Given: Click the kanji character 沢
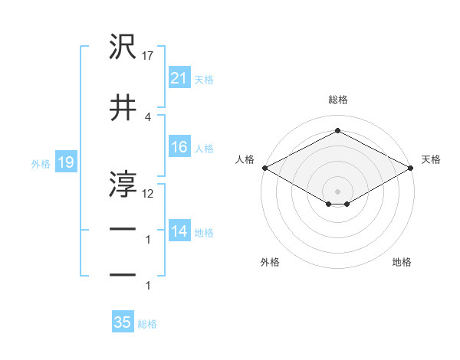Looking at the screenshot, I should pos(123,47).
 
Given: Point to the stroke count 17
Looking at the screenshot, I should pos(149,56).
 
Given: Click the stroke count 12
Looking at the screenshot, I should pos(149,194).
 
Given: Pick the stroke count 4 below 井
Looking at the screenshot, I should pos(148,116).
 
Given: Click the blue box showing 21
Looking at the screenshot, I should pos(179,78).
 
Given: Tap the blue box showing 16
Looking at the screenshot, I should pos(179,147).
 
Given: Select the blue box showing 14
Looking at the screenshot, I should pos(179,231).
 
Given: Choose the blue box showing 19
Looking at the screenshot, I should pos(64,162).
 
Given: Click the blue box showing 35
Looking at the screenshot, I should pos(123,322).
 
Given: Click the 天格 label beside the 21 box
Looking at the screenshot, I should pos(204,79).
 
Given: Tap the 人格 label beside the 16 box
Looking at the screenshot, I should pos(204,148).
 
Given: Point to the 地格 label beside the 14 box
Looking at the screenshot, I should pos(204,232).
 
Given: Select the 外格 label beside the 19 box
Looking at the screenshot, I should pos(40,163).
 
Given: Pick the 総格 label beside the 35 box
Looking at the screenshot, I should pos(147,323).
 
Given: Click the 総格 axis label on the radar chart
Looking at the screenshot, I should pos(337,100).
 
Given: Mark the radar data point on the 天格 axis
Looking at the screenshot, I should pos(412,167).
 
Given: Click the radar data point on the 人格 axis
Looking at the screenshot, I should pos(264,167).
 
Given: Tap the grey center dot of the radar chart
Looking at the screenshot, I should pos(337,191).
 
